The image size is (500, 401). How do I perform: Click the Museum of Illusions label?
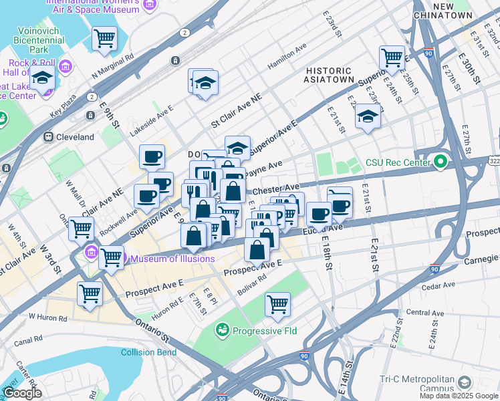click(x=172, y=259)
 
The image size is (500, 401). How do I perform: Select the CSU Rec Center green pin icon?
click(x=440, y=162)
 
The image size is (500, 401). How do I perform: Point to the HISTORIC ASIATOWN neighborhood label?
click(x=329, y=76)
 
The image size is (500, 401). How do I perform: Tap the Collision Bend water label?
click(x=149, y=352)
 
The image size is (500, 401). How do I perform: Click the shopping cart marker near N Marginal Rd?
click(x=104, y=39)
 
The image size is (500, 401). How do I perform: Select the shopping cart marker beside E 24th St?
click(x=392, y=57)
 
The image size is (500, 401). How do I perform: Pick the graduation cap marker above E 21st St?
click(x=368, y=116)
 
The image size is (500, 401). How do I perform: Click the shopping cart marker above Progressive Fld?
click(x=277, y=304)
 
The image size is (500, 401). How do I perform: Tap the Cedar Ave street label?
click(x=439, y=286)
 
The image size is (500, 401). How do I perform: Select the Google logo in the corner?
click(x=22, y=393)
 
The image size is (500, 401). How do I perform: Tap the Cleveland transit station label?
click(x=75, y=137)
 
